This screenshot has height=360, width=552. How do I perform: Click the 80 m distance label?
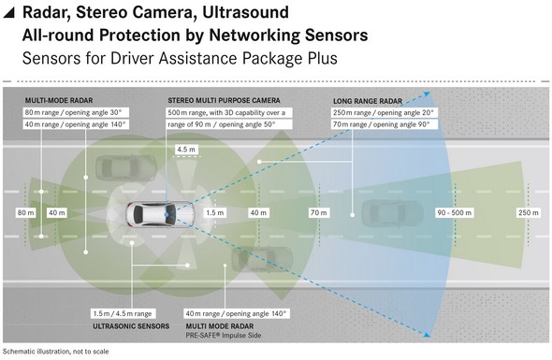[x=25, y=212]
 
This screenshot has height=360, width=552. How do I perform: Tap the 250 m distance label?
[x=528, y=212]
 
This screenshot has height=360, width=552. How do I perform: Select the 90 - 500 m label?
[x=454, y=212]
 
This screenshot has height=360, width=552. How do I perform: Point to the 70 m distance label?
[x=319, y=212]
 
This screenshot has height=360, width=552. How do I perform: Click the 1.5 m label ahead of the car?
[x=215, y=212]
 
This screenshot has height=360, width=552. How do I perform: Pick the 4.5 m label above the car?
[x=186, y=150]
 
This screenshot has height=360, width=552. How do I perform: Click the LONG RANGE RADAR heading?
[x=368, y=101]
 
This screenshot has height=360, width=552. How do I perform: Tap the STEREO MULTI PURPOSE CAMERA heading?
[x=224, y=100]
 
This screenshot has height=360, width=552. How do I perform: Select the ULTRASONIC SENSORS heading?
[x=131, y=326]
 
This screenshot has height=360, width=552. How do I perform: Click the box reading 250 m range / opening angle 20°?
[x=384, y=112]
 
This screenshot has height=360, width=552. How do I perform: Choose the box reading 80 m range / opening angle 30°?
[x=76, y=112]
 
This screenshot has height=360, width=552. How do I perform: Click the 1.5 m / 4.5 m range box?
[x=123, y=313]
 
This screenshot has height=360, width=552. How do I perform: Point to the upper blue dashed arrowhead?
[x=427, y=94]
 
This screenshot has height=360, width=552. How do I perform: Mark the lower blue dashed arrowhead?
[x=427, y=335]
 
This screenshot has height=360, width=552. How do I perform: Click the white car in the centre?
[x=160, y=214]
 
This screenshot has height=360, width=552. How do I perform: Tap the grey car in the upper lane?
[x=125, y=168]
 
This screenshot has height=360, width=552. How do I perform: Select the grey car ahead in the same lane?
[x=393, y=213]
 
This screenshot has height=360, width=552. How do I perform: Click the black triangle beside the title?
[x=9, y=12]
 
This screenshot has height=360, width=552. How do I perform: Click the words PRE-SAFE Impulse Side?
[x=224, y=336]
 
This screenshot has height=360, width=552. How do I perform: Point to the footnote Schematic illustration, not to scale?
[x=55, y=352]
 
